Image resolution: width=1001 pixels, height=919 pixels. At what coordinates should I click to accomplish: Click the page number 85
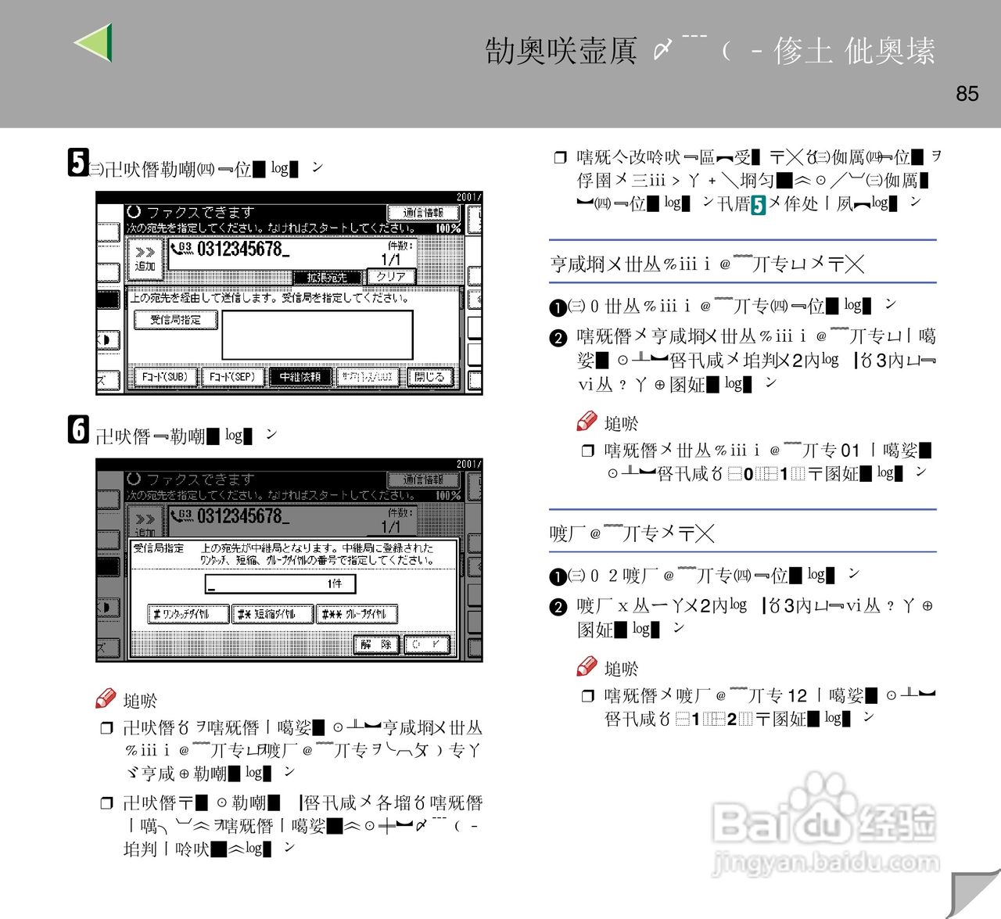967,93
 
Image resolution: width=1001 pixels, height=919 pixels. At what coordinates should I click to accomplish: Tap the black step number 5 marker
77,162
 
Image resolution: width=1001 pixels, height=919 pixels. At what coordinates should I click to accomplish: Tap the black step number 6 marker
77,429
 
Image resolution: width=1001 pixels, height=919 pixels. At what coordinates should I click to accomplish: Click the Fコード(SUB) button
164,377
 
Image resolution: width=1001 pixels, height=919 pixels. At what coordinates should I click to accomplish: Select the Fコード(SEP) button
232,377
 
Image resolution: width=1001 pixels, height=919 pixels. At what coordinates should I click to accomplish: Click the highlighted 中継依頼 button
300,377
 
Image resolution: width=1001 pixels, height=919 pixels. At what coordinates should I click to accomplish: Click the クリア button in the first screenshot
390,276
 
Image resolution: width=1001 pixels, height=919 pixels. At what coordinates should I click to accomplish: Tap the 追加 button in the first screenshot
145,259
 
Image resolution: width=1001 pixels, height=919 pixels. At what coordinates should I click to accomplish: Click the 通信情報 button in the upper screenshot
422,213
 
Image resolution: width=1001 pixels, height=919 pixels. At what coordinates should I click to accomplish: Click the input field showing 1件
280,583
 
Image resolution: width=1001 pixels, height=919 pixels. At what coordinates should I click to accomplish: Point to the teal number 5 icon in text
758,205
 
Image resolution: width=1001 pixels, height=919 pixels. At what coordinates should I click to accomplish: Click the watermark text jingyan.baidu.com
826,863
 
